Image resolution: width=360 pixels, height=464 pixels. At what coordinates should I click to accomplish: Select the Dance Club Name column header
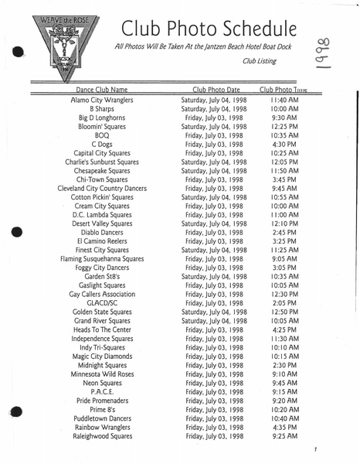click(97, 90)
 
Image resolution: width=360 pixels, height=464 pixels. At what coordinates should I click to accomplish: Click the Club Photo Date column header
click(216, 90)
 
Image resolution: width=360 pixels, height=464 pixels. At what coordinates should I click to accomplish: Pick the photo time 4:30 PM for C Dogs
click(284, 143)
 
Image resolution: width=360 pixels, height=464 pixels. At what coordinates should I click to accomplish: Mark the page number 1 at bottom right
click(315, 449)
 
